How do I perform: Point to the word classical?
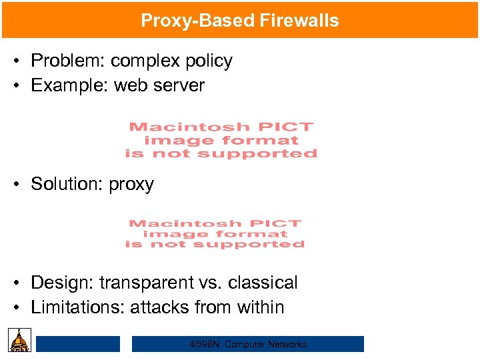pos(263,283)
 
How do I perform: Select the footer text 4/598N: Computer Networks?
pos(247,344)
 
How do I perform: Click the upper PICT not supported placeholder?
pos(221,140)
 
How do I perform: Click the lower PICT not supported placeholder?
pos(215,234)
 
